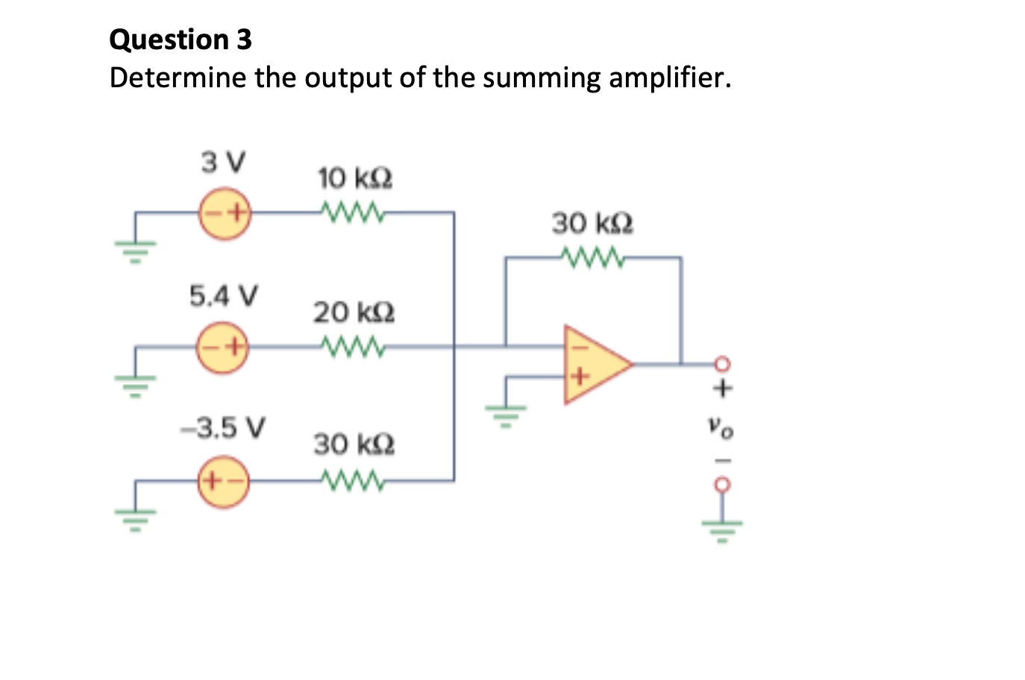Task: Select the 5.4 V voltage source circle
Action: point(222,347)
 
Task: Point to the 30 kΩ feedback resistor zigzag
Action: point(592,257)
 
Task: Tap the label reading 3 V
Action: point(222,162)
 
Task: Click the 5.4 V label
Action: point(223,296)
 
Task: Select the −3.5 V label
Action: point(223,428)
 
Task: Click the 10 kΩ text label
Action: point(355,179)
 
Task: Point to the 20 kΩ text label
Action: point(354,312)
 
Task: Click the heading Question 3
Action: point(181,40)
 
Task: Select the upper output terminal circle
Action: point(721,364)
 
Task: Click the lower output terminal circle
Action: point(721,484)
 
